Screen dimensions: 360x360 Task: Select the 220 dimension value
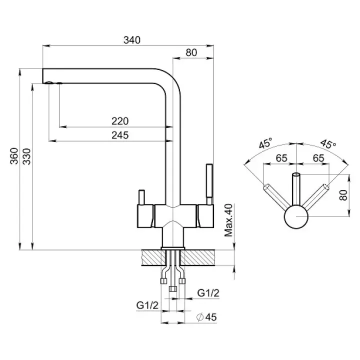pyautogui.click(x=120, y=120)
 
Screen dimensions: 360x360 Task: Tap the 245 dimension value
pyautogui.click(x=120, y=134)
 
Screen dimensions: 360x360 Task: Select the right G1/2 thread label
pyautogui.click(x=208, y=293)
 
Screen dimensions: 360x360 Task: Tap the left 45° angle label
pyautogui.click(x=265, y=144)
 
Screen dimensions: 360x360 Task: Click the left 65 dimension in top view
pyautogui.click(x=281, y=158)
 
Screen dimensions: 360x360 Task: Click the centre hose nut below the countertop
pyautogui.click(x=173, y=288)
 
